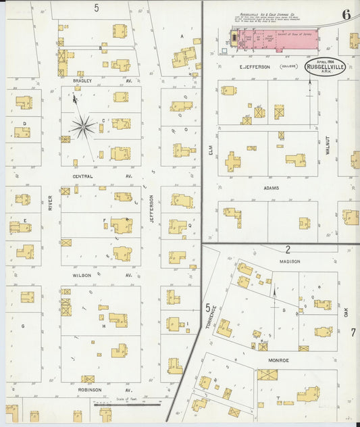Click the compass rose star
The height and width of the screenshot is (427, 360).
83,126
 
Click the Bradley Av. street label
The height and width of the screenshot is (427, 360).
82,81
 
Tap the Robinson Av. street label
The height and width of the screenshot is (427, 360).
88,390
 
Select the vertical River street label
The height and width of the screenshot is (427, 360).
50,203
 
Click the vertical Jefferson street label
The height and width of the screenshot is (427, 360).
152,209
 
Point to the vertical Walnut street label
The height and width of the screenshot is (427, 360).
328,145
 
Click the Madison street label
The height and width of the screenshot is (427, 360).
289,261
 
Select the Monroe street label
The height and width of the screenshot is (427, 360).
278,360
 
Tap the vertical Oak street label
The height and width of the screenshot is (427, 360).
344,312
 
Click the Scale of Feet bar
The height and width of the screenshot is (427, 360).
136,404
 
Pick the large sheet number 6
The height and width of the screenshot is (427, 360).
346,14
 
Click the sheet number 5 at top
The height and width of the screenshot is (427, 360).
97,8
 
